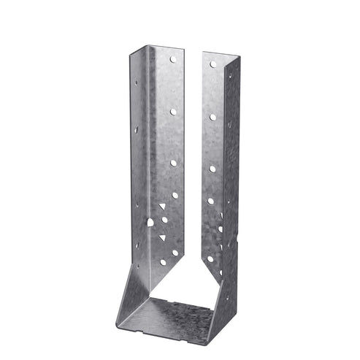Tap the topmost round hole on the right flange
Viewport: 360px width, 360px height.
pyautogui.click(x=212, y=64)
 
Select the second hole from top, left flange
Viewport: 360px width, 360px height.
pyautogui.click(x=174, y=112)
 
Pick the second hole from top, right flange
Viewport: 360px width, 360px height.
pyautogui.click(x=212, y=116)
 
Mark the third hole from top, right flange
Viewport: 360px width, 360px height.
pyautogui.click(x=212, y=168)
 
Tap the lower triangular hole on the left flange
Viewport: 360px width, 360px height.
pyautogui.click(x=162, y=238)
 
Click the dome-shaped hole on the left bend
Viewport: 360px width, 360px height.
pyautogui.click(x=148, y=223)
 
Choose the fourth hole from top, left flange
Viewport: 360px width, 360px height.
pyautogui.click(x=175, y=195)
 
